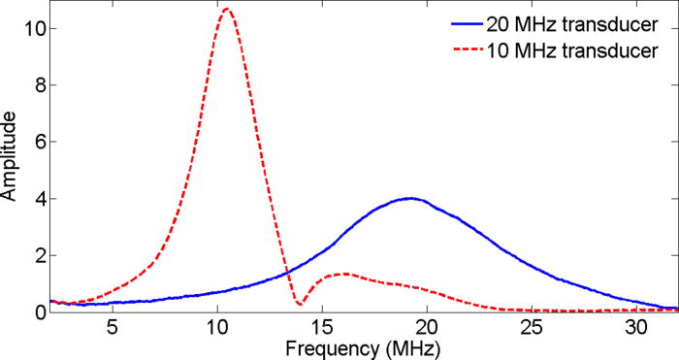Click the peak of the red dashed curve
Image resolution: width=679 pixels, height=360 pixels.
point(226,10)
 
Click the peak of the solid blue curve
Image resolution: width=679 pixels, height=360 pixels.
point(411,198)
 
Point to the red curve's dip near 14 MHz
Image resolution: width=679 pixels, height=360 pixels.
point(300,305)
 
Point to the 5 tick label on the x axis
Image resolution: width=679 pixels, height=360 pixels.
point(113,327)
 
